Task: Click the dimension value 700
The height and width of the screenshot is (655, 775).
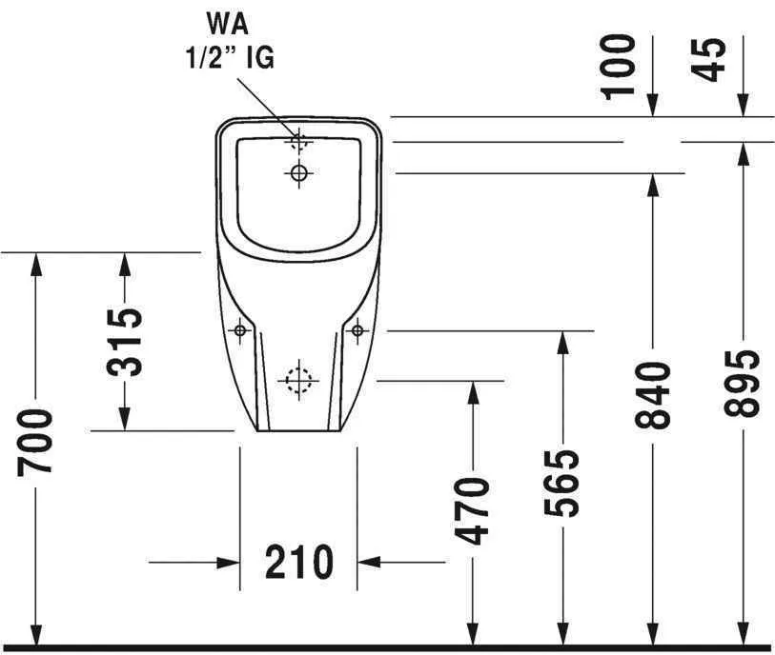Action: [x=37, y=442]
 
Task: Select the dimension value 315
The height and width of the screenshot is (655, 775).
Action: [x=125, y=342]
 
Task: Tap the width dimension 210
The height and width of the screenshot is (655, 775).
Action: [x=299, y=563]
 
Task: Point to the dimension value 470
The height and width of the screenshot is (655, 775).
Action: [x=471, y=510]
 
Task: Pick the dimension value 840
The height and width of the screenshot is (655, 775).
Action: [x=653, y=394]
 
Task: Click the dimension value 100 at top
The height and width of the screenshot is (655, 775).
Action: [x=620, y=65]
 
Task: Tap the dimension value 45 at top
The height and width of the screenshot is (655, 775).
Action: [x=711, y=59]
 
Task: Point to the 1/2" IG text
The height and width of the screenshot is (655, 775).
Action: [x=229, y=58]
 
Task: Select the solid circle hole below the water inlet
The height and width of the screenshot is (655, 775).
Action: [x=298, y=172]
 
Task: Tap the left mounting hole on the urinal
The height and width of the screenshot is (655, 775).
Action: [x=239, y=330]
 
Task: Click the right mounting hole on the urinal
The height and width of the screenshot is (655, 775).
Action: [x=357, y=330]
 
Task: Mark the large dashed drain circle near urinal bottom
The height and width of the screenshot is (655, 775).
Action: [x=297, y=380]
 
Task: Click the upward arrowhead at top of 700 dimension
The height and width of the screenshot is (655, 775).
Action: [x=37, y=263]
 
